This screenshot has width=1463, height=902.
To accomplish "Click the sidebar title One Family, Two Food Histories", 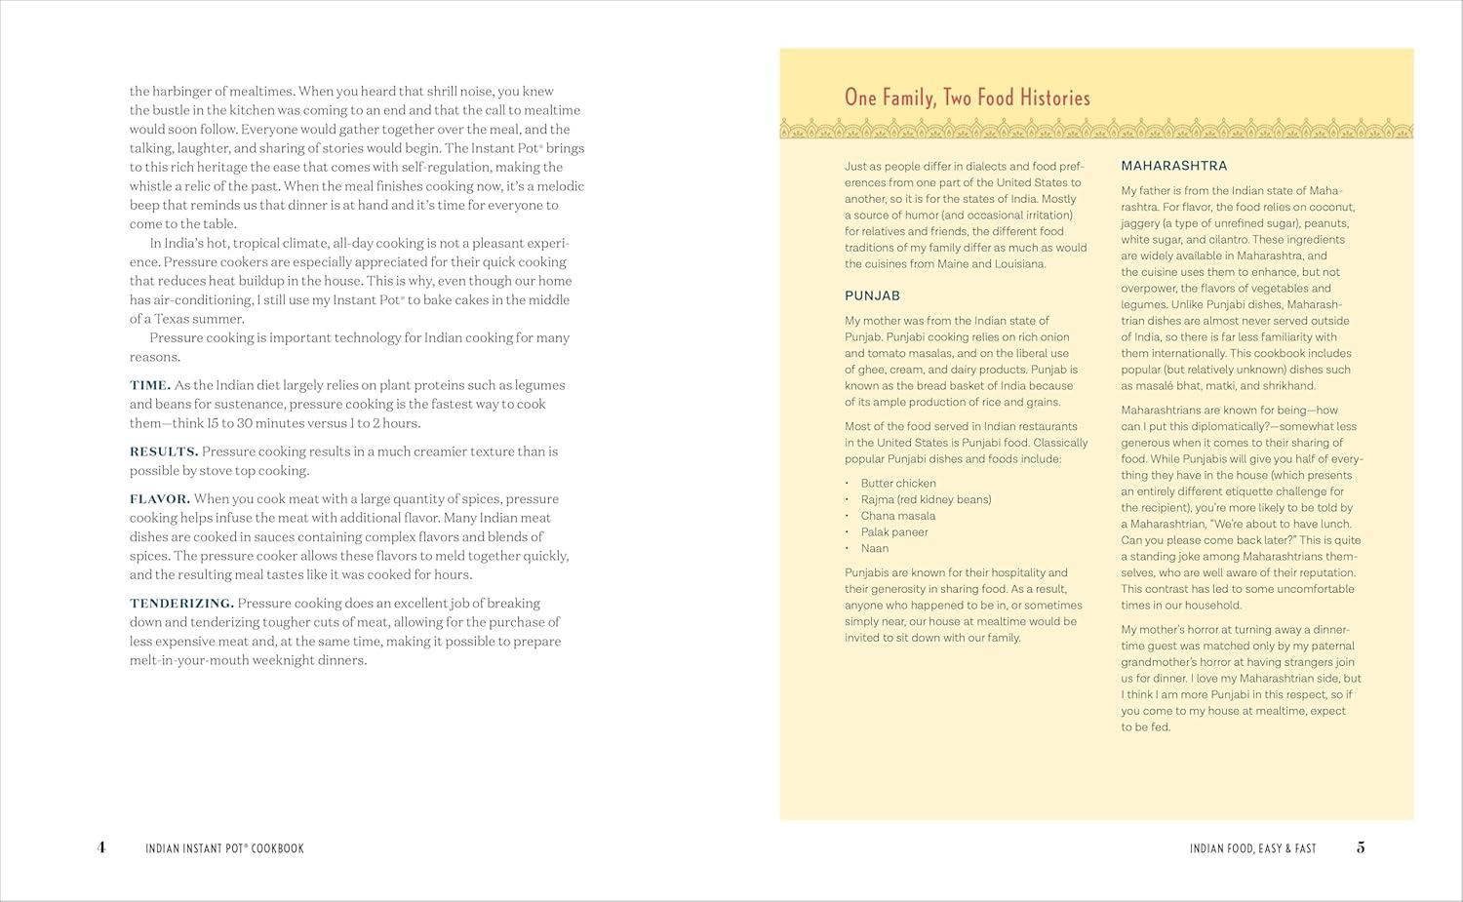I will [967, 98].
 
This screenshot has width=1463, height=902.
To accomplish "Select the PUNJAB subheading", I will [872, 295].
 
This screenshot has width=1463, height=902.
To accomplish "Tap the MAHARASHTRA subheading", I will [1174, 166].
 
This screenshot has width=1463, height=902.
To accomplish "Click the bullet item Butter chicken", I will [897, 484].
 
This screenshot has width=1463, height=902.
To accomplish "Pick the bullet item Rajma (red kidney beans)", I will [925, 499].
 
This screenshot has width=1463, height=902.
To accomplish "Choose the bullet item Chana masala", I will [897, 516].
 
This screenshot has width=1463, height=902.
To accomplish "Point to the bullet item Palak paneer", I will [893, 532].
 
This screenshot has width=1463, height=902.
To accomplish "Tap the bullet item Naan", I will [874, 548].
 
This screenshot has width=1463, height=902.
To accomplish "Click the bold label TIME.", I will [150, 385].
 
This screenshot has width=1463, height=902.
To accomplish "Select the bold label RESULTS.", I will [164, 451].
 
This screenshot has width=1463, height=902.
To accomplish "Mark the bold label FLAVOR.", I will [160, 499].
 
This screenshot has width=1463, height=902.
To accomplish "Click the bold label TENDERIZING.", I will [181, 604].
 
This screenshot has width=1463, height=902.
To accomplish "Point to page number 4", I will [101, 847].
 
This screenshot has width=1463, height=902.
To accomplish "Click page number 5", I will [1361, 847].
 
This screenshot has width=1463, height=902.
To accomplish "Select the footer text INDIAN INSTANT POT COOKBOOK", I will [224, 848].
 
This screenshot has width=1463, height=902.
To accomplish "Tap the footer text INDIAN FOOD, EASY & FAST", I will [1252, 848].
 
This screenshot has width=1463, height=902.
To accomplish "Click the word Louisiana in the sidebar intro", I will [1015, 264].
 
